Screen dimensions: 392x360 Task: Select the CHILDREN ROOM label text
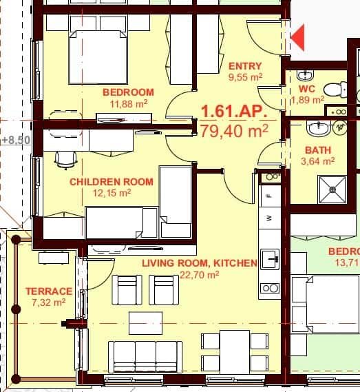101,182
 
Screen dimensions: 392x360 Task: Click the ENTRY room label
245,66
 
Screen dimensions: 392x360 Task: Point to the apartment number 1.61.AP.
233,111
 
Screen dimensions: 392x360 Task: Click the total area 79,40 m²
234,129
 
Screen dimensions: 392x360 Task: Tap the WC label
307,90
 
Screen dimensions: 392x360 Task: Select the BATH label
317,149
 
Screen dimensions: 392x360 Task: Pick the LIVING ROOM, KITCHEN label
199,263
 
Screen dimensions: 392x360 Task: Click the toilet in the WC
335,88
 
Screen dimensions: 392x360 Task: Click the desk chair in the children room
65,158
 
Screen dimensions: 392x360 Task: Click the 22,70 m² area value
199,274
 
